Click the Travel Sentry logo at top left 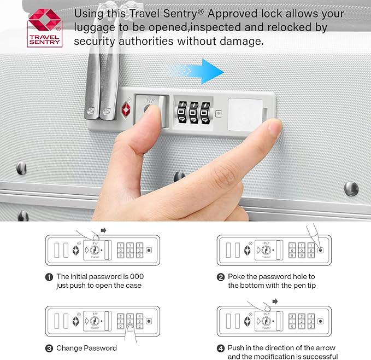(44, 28)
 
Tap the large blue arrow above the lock (196, 71)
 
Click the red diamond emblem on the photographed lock (126, 109)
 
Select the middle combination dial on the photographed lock (194, 113)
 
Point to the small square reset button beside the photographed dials (219, 114)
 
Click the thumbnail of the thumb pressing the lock (152, 111)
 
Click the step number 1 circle (49, 277)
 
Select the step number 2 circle (221, 277)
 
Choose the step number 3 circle (49, 349)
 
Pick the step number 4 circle (221, 349)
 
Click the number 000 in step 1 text (137, 276)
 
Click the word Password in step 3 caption (101, 348)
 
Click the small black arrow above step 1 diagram (103, 230)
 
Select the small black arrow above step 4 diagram (275, 301)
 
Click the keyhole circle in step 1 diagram (95, 250)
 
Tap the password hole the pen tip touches (321, 250)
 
